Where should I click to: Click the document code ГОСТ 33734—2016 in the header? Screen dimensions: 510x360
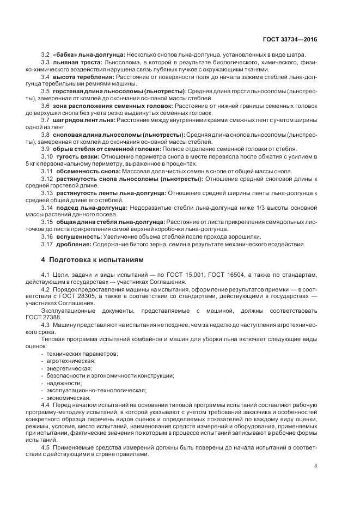coord(291,39)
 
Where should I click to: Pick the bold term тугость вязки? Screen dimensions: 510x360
coord(77,157)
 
